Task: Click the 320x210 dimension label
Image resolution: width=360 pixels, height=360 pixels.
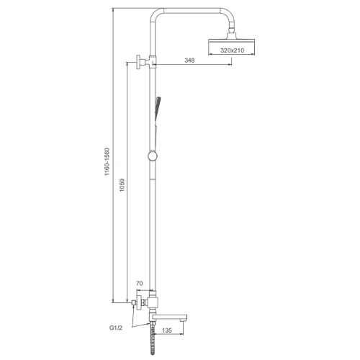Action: click(x=232, y=50)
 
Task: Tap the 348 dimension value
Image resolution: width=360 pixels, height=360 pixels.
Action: click(x=189, y=60)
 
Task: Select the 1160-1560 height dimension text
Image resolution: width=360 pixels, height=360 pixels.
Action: click(x=107, y=161)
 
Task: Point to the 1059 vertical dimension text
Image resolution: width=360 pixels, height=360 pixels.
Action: click(x=122, y=185)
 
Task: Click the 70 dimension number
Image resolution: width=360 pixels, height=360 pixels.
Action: click(x=140, y=284)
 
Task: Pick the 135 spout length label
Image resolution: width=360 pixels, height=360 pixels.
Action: click(x=167, y=330)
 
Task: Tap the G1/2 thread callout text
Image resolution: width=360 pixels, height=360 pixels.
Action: click(x=116, y=328)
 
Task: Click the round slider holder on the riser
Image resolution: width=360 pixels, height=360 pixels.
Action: click(x=153, y=156)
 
